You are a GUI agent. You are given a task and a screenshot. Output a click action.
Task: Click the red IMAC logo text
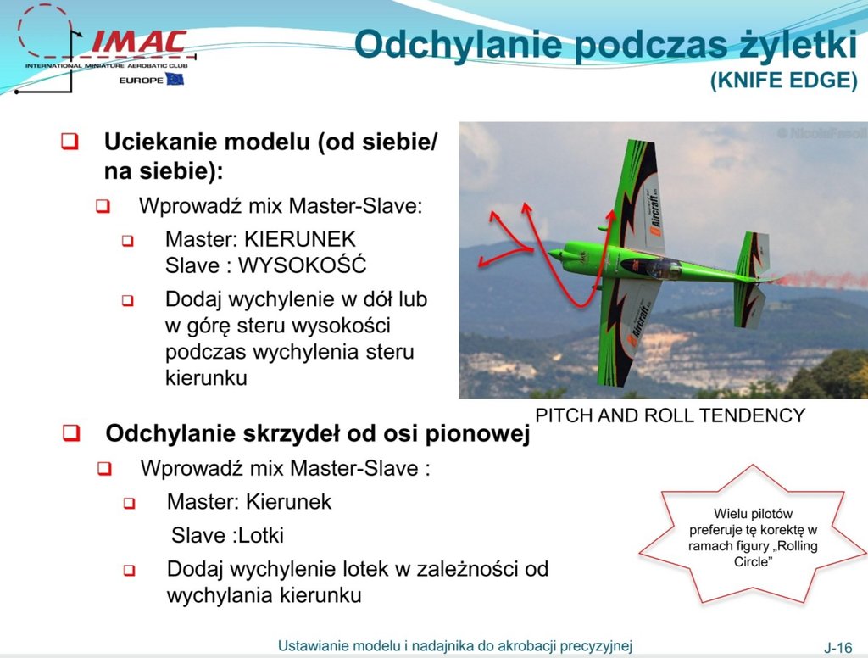139,42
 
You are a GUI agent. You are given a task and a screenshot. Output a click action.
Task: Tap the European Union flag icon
175,80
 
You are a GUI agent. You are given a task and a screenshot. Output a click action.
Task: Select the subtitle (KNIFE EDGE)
784,81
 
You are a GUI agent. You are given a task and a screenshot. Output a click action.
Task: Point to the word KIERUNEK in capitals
300,239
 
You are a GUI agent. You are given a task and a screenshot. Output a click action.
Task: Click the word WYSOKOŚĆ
303,265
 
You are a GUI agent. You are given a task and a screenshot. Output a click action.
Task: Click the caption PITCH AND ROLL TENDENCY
670,415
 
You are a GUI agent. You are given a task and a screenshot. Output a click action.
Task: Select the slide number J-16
838,647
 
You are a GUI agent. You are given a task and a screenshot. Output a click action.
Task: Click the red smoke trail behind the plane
820,280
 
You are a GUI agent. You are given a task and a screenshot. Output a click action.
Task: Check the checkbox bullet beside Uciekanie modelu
70,142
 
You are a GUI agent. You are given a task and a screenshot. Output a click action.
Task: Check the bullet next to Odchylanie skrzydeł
71,432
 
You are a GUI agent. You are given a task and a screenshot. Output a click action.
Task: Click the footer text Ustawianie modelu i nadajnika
455,646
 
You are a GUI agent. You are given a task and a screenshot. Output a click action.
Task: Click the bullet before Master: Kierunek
129,504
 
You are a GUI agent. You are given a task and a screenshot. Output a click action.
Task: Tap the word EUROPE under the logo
142,81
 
